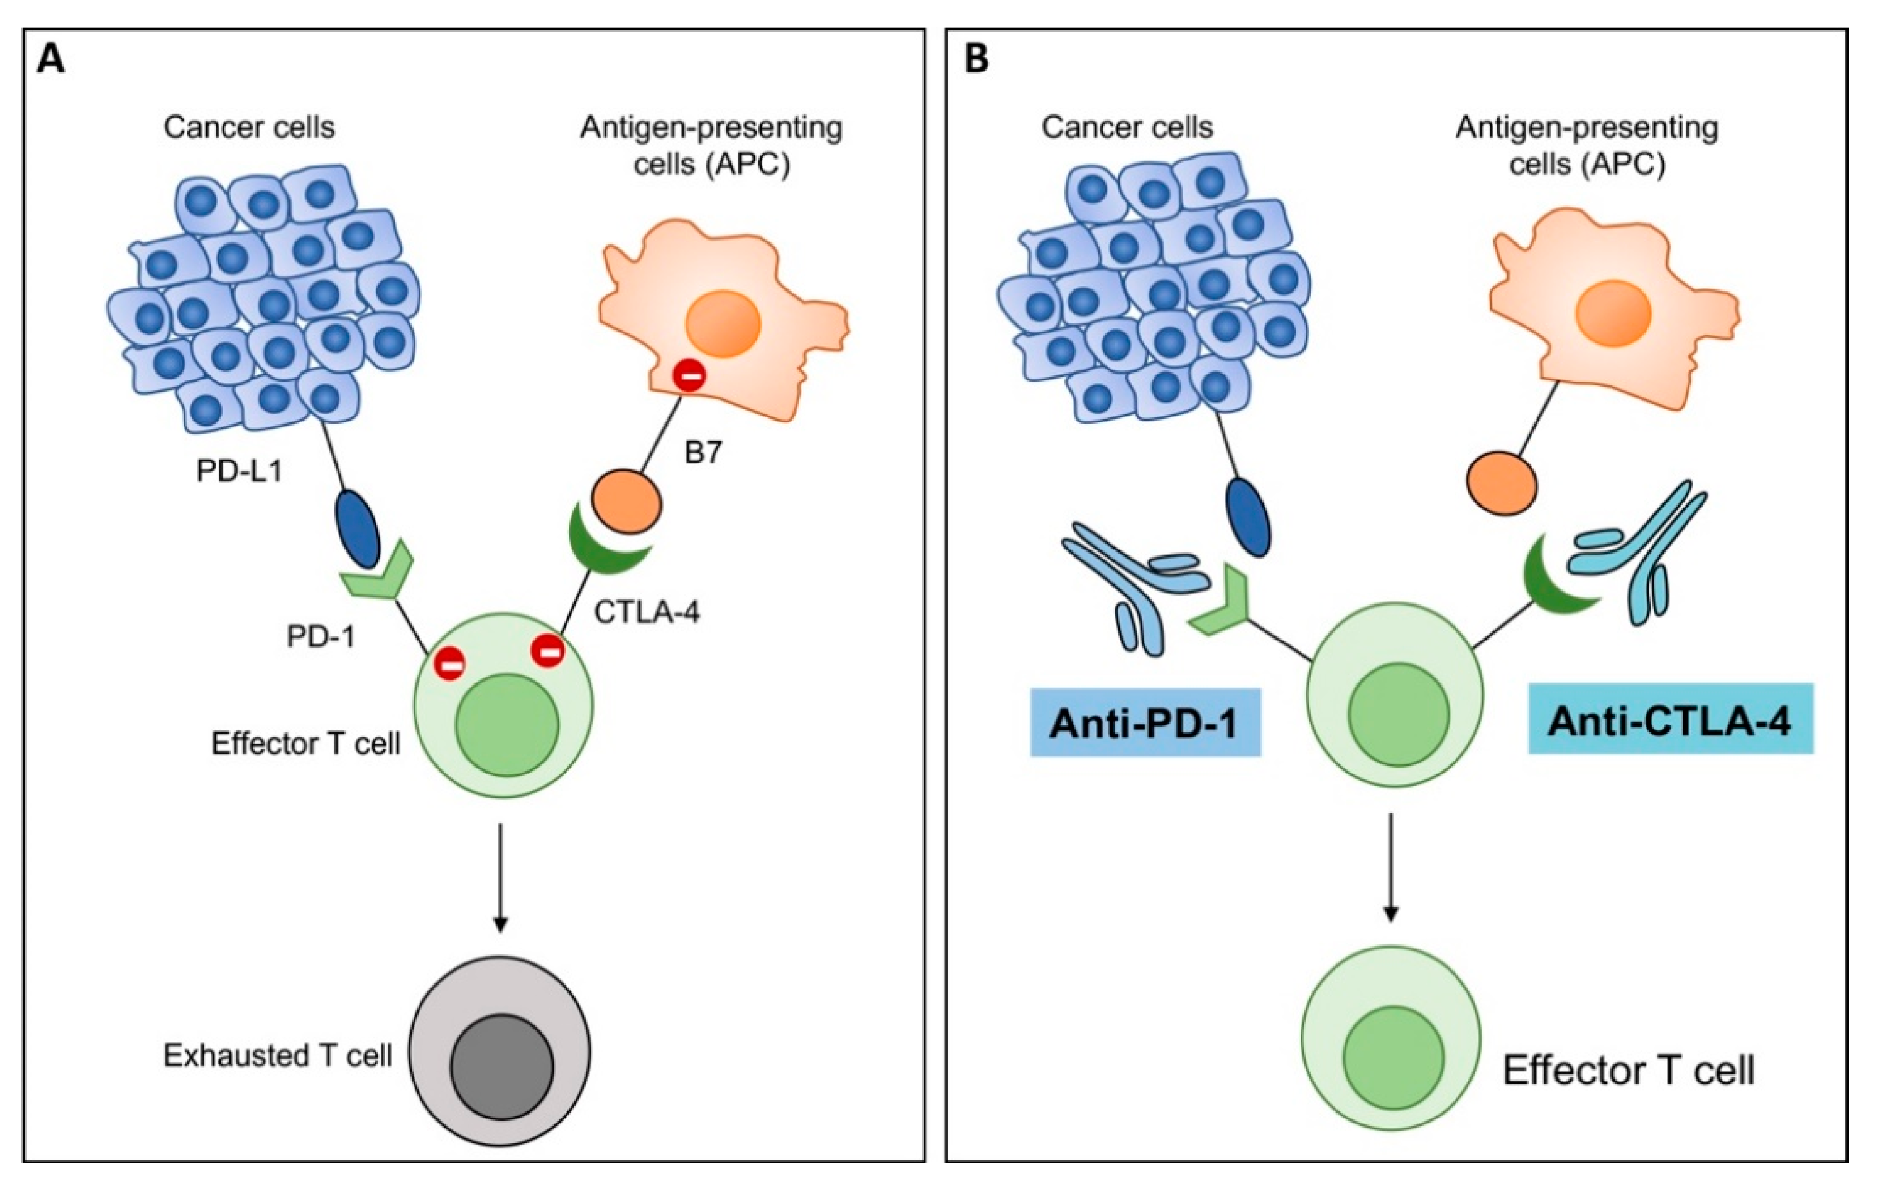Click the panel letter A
[51, 59]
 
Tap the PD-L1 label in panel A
[239, 471]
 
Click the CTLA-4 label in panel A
[647, 613]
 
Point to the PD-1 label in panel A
[320, 637]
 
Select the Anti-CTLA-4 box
[1670, 719]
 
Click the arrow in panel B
[1391, 868]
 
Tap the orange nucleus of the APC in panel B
[1613, 314]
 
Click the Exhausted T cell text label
[277, 1056]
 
